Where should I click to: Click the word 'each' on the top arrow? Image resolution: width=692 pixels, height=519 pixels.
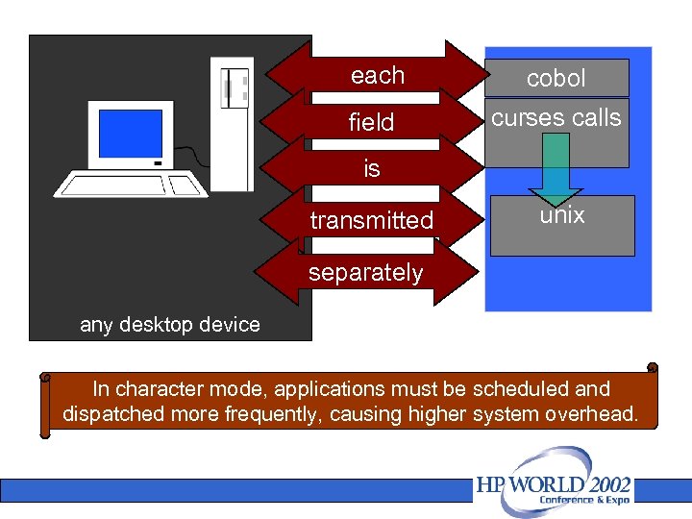(377, 76)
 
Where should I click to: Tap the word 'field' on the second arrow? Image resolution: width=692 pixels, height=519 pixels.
(371, 123)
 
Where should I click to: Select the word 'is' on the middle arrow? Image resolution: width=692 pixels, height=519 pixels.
(372, 170)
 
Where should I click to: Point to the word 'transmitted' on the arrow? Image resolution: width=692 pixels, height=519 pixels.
(371, 221)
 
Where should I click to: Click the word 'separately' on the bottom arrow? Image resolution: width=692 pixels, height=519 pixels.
(365, 273)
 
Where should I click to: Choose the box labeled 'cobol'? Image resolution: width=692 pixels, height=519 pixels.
(556, 79)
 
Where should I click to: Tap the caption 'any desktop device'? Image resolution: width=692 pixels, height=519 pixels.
(169, 325)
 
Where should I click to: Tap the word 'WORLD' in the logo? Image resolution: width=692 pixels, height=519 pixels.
(537, 485)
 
